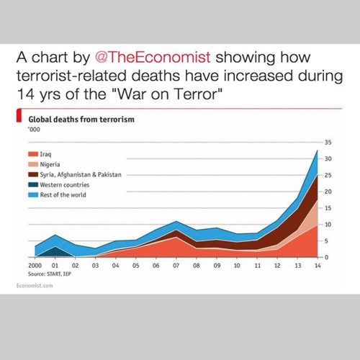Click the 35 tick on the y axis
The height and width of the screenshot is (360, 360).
click(x=328, y=142)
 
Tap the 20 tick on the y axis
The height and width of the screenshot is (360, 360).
click(x=328, y=192)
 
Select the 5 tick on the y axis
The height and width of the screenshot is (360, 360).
click(x=329, y=240)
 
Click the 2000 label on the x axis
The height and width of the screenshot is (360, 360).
click(x=33, y=265)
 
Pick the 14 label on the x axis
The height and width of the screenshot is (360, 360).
click(x=318, y=265)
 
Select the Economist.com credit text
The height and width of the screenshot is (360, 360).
click(x=35, y=287)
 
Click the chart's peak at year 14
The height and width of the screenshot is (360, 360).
click(x=318, y=150)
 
